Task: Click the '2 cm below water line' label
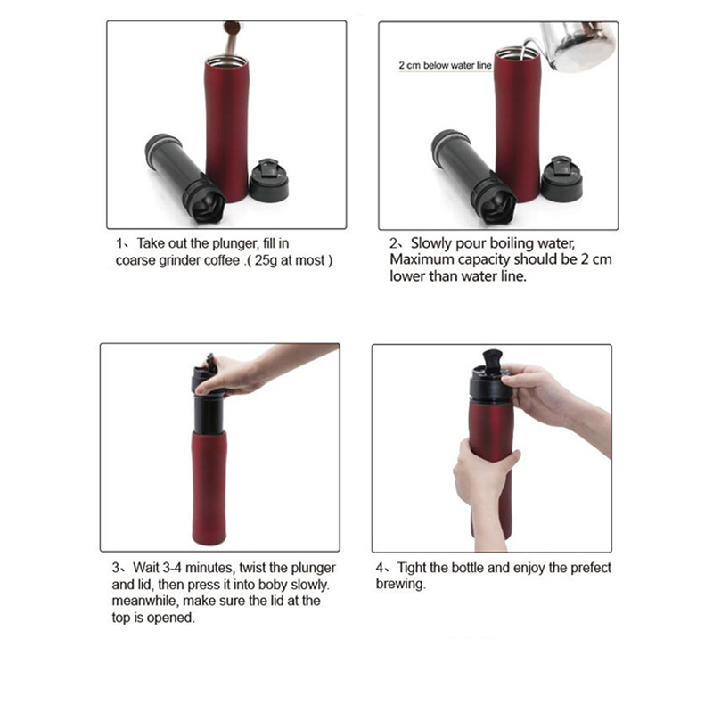pos(445,65)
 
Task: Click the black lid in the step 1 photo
pos(269,181)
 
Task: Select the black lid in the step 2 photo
pos(561,179)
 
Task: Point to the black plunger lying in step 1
pos(184,177)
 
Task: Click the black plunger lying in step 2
pos(472,176)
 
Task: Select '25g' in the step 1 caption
pos(266,261)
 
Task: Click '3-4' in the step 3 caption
pos(172,568)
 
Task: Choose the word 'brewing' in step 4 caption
pos(400,585)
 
